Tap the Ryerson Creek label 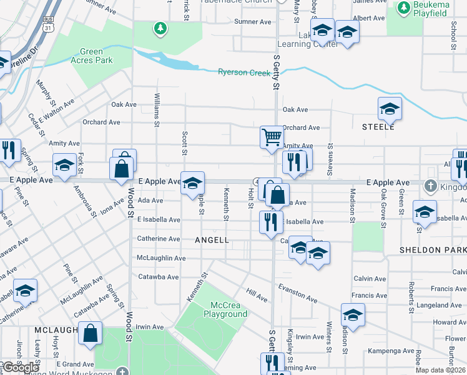[244, 72]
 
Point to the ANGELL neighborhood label [212, 240]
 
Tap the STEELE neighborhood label [378, 127]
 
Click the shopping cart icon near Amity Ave [272, 137]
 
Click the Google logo [21, 367]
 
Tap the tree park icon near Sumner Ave [160, 28]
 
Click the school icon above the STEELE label [390, 109]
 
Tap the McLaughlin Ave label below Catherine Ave [161, 257]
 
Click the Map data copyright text [441, 370]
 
